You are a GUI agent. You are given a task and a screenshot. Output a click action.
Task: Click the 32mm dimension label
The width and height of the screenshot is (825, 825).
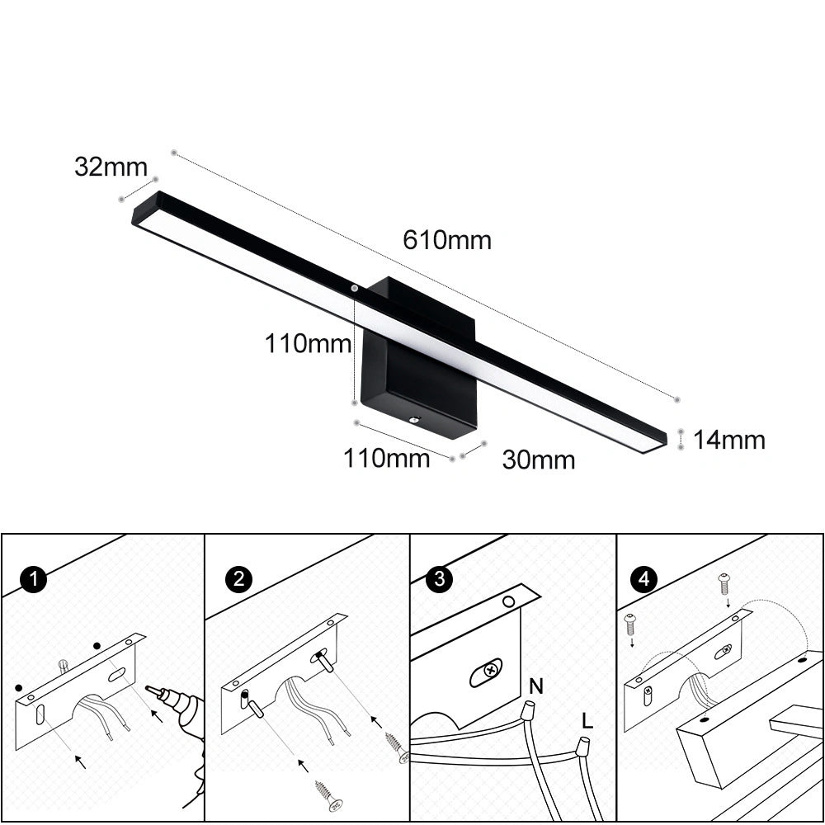[x=111, y=167]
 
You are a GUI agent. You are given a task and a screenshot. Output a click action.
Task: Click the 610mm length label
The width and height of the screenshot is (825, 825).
[x=447, y=240]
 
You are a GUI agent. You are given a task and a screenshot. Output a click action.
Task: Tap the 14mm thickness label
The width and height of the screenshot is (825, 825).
[x=728, y=440]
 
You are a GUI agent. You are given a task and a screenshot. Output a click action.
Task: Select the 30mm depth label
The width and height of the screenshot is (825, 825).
[x=539, y=460]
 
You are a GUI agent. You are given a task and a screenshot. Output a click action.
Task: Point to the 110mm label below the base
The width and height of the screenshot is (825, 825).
[x=387, y=458]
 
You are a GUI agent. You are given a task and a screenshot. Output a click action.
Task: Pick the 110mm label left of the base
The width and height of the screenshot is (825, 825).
[x=309, y=343]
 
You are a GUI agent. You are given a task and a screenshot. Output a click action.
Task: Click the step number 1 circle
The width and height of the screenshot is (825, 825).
[x=34, y=579]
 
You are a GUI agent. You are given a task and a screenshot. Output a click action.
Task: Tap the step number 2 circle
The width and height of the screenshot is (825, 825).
[x=239, y=579]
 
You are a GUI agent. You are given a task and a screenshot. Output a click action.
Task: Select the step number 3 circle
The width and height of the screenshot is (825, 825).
[x=440, y=579]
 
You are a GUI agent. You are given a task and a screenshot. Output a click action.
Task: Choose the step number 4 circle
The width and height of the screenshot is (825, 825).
[x=644, y=579]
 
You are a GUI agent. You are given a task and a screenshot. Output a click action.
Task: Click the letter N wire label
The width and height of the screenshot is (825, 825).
[x=536, y=686]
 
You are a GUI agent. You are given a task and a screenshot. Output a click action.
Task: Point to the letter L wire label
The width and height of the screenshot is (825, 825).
[x=587, y=720]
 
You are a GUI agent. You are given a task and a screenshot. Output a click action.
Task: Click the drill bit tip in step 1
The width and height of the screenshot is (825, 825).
[x=147, y=688]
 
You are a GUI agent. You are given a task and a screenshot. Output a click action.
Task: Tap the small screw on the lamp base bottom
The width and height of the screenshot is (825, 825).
[x=415, y=419]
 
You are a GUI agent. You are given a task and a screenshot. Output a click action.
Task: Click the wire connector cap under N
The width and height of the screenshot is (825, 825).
[x=526, y=711]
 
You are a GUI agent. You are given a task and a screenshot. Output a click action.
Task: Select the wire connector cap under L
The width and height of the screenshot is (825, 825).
[x=582, y=746]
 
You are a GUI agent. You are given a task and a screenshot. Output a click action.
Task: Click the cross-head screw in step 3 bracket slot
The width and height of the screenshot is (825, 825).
[x=492, y=670]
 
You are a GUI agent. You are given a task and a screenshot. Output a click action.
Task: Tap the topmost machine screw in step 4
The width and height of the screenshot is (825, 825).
[x=724, y=583]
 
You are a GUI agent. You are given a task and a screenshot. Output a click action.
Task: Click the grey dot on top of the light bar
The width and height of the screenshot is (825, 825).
[x=355, y=288]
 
